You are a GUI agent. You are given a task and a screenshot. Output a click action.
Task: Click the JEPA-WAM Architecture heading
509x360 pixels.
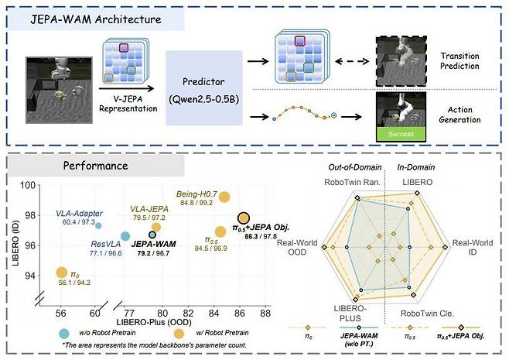coord(96,19)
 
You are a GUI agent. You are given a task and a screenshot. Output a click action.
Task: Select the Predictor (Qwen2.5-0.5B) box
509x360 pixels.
coord(204,87)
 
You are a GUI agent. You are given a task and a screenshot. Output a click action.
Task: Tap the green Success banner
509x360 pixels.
coord(401,134)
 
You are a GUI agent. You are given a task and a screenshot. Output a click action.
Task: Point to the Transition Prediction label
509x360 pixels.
coord(459,60)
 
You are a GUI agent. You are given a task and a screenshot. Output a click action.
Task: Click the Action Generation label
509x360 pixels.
coord(459,115)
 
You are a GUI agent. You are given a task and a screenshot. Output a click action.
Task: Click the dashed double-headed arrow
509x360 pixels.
coord(352,61)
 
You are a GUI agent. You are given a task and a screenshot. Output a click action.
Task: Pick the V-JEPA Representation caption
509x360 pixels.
coord(128,104)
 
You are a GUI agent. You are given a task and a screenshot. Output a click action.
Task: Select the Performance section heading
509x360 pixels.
coord(95,166)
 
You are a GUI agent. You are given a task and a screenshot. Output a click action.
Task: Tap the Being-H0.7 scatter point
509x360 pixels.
coord(224,197)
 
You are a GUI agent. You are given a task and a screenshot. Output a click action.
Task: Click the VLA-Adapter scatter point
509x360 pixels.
coord(98,225)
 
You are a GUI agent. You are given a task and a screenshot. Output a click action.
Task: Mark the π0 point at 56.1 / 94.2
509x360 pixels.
coord(61,273)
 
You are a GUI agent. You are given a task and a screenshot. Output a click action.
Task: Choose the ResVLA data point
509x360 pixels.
coord(125,236)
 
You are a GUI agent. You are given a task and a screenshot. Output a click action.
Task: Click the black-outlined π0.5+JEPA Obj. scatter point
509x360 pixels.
coord(244,218)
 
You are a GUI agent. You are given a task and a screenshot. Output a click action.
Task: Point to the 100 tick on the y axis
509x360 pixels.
coord(28,186)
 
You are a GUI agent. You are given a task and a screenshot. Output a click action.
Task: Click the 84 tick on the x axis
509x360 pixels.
coord(214,313)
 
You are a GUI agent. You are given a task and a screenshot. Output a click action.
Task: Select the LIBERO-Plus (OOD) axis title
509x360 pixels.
coord(154,322)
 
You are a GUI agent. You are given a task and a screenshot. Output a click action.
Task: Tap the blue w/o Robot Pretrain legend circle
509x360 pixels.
coord(64,334)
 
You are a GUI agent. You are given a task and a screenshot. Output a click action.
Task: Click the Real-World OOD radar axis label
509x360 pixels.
coord(297,247)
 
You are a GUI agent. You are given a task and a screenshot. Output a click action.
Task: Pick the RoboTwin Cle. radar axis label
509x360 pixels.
coord(427,314)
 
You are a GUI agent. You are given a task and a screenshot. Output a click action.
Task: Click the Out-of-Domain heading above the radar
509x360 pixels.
coord(355,167)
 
